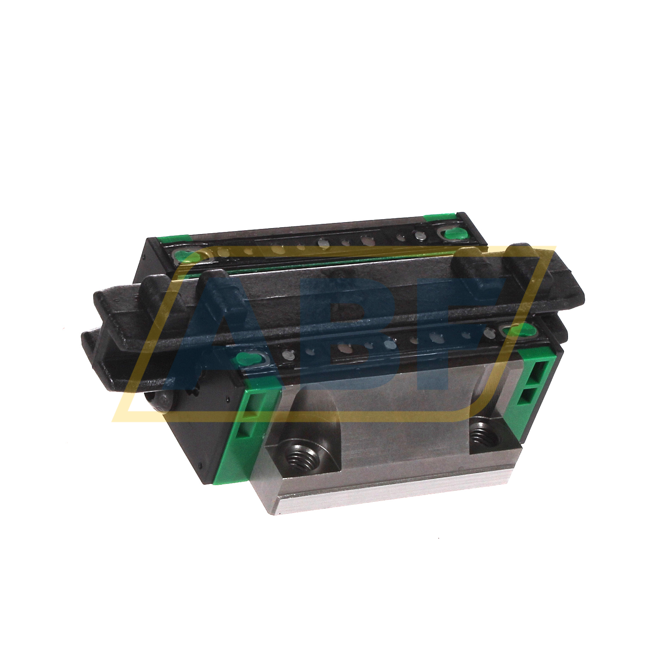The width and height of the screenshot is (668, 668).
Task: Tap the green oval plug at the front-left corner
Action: coord(246,358)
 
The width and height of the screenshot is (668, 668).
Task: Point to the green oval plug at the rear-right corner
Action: coord(454,233)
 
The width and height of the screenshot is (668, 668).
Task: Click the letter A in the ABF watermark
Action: coord(214,333)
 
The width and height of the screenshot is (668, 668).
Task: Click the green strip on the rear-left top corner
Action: coord(173,239)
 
